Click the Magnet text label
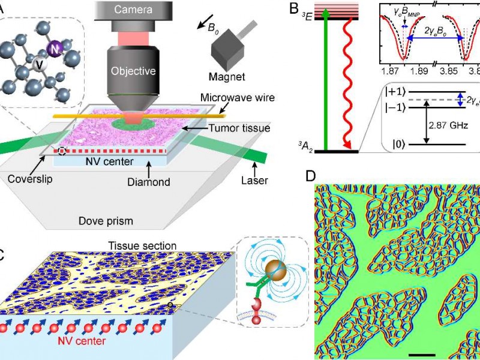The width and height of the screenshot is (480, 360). click(x=227, y=77)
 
